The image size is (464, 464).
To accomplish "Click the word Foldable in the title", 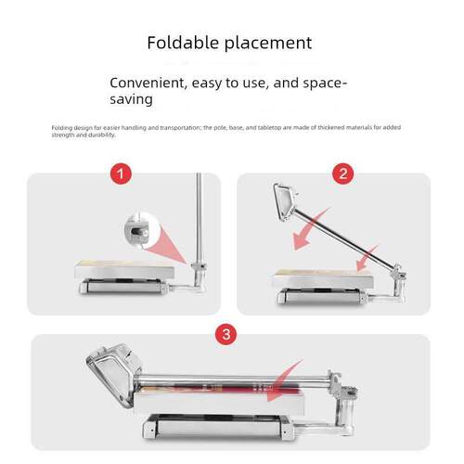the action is pyautogui.click(x=184, y=43).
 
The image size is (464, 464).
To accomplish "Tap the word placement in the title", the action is pyautogui.click(x=268, y=44).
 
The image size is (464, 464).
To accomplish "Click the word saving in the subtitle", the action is pyautogui.click(x=132, y=100).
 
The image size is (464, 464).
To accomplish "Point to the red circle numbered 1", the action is pyautogui.click(x=122, y=174).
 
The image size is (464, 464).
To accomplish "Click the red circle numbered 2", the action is pyautogui.click(x=343, y=174).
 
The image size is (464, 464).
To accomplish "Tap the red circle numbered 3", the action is pyautogui.click(x=226, y=334).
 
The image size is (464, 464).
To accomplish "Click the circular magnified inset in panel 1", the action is pyautogui.click(x=141, y=229).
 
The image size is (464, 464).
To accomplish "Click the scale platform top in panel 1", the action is pyautogui.click(x=124, y=269).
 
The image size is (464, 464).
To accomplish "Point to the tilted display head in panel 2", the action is pyautogui.click(x=285, y=201).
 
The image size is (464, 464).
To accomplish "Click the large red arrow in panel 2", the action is pyautogui.click(x=309, y=230).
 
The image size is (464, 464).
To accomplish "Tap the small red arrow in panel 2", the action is pyautogui.click(x=367, y=257).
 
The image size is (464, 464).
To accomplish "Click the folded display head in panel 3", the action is pyautogui.click(x=113, y=374).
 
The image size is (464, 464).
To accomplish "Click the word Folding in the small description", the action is pyautogui.click(x=62, y=128).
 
